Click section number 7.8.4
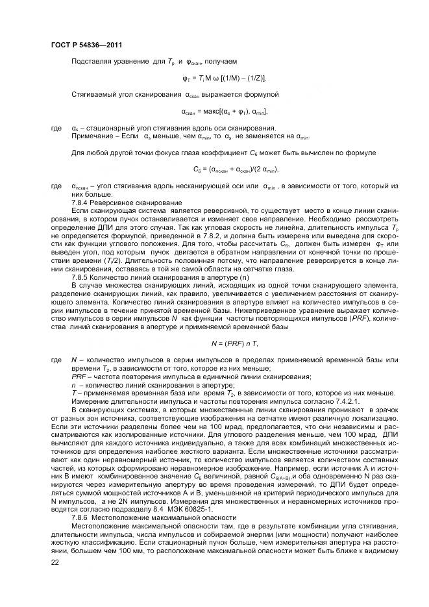pyautogui.click(x=80, y=203)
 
